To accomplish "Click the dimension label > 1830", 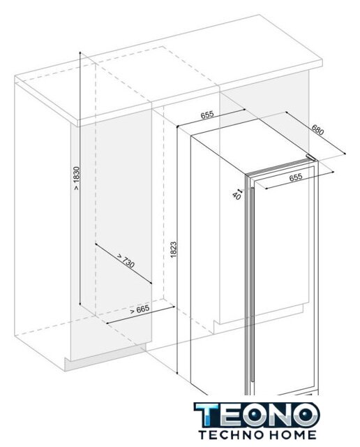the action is [77, 178].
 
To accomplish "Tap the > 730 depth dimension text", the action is [126, 261].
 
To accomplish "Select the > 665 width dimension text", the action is [140, 309].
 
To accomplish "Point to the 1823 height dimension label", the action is [174, 250].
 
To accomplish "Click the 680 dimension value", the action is [318, 130].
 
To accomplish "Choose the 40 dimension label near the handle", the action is [237, 196].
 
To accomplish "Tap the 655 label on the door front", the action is [296, 177].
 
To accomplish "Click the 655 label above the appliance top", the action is [207, 115].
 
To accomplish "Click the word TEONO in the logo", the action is [257, 415].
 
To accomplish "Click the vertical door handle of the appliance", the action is [252, 284].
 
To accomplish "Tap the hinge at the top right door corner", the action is [311, 158].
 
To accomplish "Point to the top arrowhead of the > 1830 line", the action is [80, 53].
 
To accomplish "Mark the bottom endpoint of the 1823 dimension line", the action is [177, 374].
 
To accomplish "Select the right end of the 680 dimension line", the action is [345, 154].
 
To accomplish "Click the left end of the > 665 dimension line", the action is [107, 323].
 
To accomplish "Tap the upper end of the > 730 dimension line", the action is [96, 244].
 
